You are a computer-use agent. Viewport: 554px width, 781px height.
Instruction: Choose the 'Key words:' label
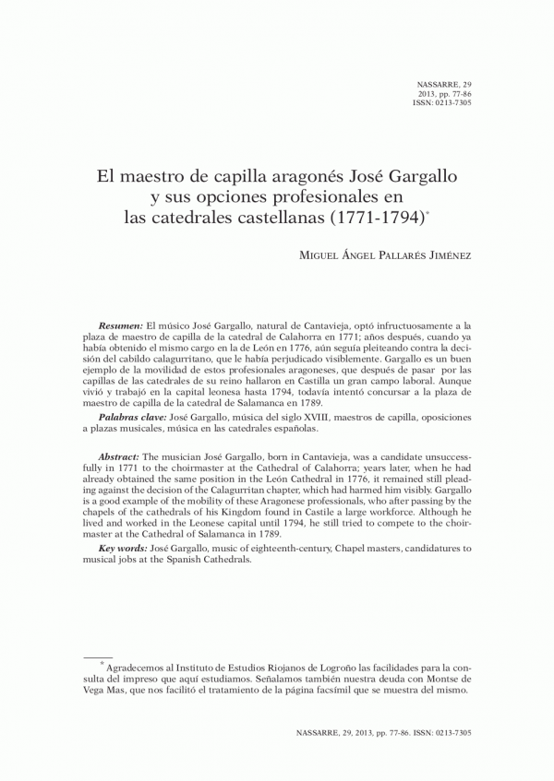coord(123,549)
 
